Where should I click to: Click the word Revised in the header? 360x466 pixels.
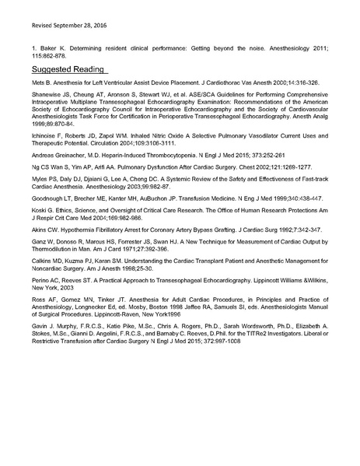click(35, 25)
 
